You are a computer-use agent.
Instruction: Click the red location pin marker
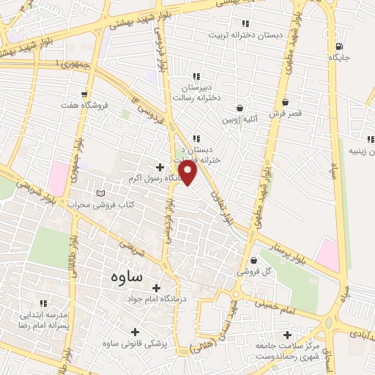click(188, 172)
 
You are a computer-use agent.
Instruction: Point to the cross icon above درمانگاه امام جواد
click(156, 288)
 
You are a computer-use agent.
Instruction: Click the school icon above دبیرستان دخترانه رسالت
click(196, 75)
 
